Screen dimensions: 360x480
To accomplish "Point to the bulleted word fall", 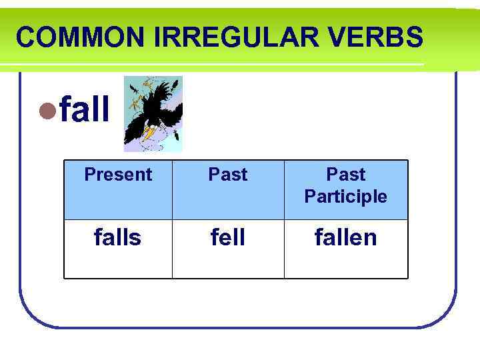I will (85, 110).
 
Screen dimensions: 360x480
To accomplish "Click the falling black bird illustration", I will (153, 113).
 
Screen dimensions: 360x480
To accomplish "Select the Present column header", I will (118, 175).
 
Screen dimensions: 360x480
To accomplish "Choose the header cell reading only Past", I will (228, 175).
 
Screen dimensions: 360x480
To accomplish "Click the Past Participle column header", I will (345, 185).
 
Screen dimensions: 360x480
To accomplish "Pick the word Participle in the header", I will (345, 197).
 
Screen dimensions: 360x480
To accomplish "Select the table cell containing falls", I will (118, 237).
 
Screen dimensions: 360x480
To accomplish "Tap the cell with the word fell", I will (228, 237).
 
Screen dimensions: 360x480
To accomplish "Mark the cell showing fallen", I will (345, 237).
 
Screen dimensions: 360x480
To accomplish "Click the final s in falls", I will (136, 238).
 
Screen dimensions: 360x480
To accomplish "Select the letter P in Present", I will (89, 175).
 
